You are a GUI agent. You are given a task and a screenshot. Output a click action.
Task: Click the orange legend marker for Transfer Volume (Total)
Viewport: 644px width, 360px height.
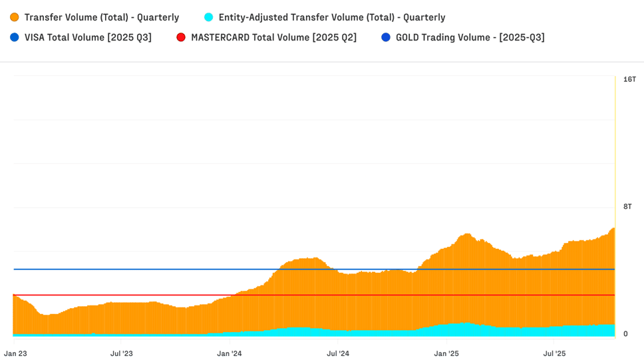(x=15, y=17)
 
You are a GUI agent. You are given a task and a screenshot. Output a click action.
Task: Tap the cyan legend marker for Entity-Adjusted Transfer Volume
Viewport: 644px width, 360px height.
(x=209, y=17)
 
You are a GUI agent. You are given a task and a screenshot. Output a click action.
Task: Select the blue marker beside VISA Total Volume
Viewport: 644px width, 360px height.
(x=15, y=37)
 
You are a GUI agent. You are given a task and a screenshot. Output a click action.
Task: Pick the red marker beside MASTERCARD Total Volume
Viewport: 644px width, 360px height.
(x=181, y=37)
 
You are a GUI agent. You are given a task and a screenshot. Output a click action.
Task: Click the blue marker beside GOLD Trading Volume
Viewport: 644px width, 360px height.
(x=386, y=37)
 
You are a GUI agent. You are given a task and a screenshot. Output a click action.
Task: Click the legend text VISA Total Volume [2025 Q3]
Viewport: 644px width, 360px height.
(x=88, y=37)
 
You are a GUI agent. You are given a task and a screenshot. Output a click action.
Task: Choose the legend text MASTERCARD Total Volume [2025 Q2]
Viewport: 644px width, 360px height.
(x=273, y=37)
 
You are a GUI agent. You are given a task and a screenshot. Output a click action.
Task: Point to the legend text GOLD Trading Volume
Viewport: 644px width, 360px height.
(x=470, y=37)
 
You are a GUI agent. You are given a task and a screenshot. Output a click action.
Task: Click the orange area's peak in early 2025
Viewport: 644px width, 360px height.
(x=466, y=234)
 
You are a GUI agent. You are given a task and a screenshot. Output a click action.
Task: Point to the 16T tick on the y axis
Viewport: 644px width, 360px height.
(x=629, y=79)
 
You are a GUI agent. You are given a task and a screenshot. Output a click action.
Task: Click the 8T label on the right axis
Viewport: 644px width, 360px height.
(x=627, y=206)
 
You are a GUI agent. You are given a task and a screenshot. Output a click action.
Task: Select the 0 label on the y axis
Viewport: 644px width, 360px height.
(x=625, y=334)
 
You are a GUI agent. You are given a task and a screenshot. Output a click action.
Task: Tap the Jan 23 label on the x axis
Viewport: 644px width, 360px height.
(x=15, y=353)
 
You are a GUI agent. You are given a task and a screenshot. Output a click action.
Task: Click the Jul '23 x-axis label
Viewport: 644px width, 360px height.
(x=121, y=353)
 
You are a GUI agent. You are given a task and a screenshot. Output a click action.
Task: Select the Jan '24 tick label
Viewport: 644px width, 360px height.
(x=230, y=353)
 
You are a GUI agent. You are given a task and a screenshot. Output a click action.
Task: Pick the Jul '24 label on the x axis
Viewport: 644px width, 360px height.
(x=338, y=353)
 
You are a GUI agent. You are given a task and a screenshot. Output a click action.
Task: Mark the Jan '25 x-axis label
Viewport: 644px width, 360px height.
(x=446, y=353)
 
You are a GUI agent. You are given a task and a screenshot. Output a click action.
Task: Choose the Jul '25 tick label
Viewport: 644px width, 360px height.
(x=554, y=353)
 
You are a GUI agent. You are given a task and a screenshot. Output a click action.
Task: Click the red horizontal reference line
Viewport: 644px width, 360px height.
(x=133, y=295)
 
